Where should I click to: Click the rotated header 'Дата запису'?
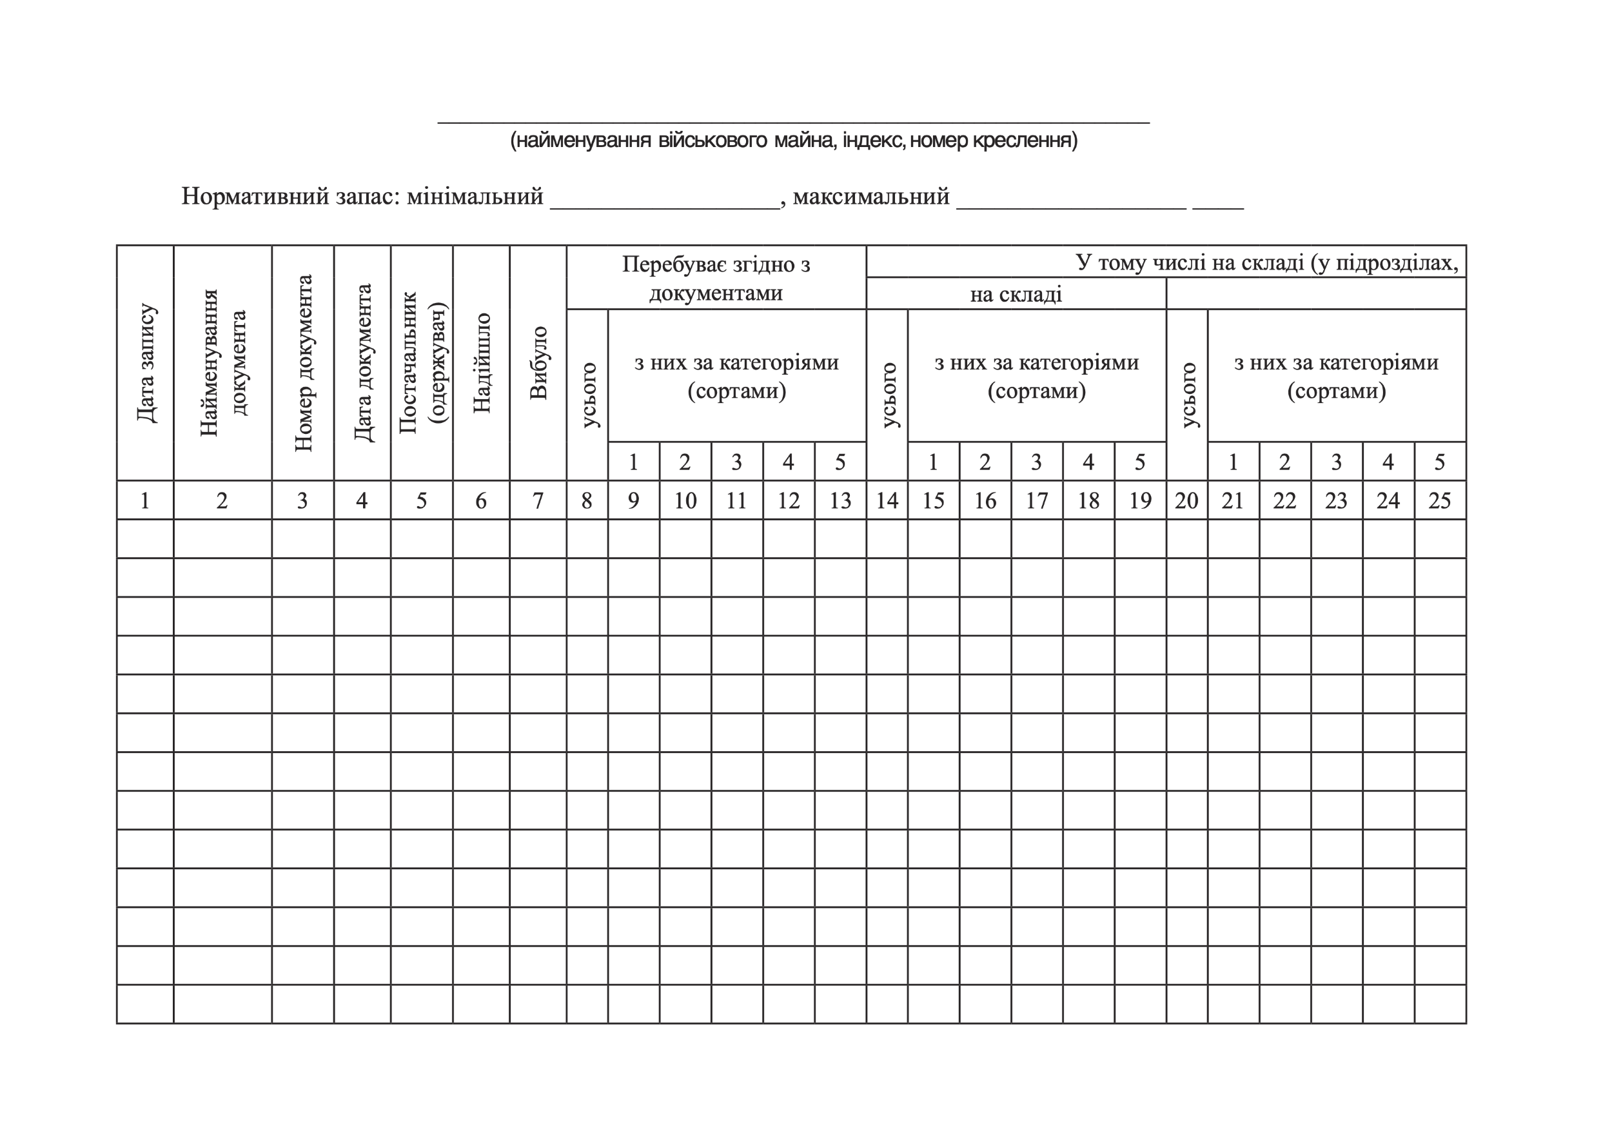point(146,363)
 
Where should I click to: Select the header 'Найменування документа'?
point(222,363)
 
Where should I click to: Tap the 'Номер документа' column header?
point(302,363)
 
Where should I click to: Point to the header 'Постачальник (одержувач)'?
point(422,363)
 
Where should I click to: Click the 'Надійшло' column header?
point(482,363)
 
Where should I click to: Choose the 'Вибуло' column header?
point(538,363)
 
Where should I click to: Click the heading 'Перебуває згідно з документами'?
point(716,278)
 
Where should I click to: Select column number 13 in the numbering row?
point(840,500)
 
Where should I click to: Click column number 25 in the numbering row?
point(1439,500)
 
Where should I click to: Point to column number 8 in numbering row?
point(587,500)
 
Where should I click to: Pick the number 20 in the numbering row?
point(1186,500)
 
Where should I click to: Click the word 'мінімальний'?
point(475,197)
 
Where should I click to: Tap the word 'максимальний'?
point(870,197)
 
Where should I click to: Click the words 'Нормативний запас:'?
point(291,197)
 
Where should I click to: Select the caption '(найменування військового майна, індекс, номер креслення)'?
point(793,141)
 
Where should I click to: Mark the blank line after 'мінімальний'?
point(665,204)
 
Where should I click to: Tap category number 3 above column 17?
point(1036,462)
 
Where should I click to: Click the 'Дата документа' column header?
point(362,363)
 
